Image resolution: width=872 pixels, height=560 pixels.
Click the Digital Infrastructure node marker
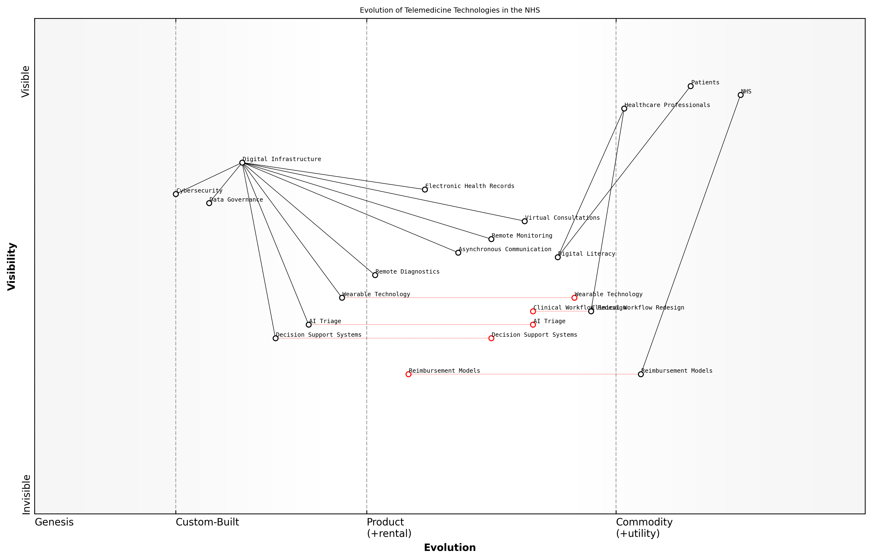[242, 163]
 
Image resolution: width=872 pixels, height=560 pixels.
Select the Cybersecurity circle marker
[176, 194]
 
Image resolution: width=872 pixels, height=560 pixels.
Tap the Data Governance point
[209, 203]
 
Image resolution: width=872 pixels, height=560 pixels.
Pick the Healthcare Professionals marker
[624, 109]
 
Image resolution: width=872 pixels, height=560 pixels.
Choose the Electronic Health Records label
[469, 186]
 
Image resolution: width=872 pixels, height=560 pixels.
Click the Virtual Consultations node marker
[525, 221]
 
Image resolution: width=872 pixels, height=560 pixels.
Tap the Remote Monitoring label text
[522, 236]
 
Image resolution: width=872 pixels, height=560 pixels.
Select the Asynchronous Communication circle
[458, 253]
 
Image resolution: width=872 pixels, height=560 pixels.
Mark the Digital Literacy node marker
[558, 257]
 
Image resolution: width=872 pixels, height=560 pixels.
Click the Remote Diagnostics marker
[375, 275]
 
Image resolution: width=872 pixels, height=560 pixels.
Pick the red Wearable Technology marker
[574, 298]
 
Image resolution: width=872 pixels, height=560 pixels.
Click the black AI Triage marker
[308, 325]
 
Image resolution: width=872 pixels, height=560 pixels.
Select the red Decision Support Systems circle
[491, 338]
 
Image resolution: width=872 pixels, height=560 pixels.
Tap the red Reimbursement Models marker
[408, 374]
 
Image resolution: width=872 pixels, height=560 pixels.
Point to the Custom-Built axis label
[207, 522]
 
